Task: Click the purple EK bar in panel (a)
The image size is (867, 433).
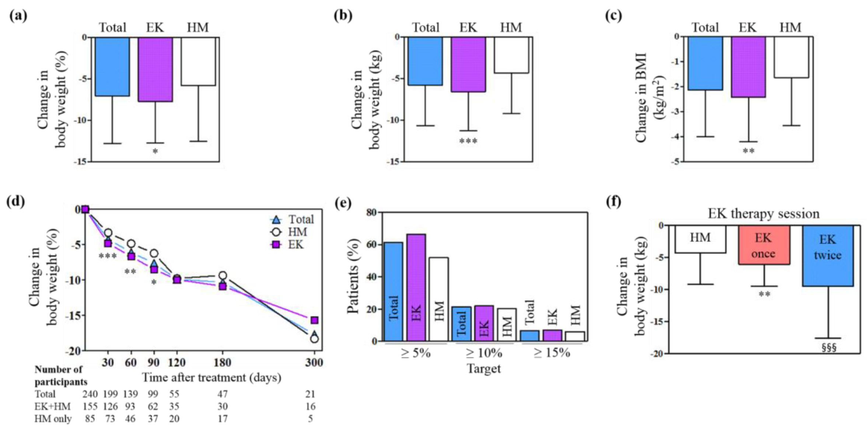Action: [x=155, y=69]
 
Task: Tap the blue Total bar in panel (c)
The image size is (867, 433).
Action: [x=705, y=63]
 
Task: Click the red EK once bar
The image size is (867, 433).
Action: [x=764, y=245]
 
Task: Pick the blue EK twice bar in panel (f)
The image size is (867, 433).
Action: [x=828, y=256]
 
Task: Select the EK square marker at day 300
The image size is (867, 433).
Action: [x=314, y=320]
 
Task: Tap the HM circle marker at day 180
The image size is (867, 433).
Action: [x=223, y=276]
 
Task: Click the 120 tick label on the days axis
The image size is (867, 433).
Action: [x=176, y=363]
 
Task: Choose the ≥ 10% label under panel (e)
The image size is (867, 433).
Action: [x=484, y=353]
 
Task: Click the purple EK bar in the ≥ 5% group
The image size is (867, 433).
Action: [x=416, y=287]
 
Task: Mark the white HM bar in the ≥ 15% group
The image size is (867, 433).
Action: [x=575, y=336]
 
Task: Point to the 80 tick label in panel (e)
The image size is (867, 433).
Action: [x=371, y=212]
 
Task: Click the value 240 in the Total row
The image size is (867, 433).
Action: [x=90, y=394]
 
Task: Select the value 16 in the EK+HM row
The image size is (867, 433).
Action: [x=310, y=406]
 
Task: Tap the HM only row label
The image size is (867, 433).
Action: [x=53, y=419]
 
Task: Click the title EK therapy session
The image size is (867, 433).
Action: [x=763, y=214]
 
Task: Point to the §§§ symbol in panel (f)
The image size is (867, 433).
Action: [x=829, y=347]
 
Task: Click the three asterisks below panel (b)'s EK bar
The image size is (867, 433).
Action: [x=468, y=141]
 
